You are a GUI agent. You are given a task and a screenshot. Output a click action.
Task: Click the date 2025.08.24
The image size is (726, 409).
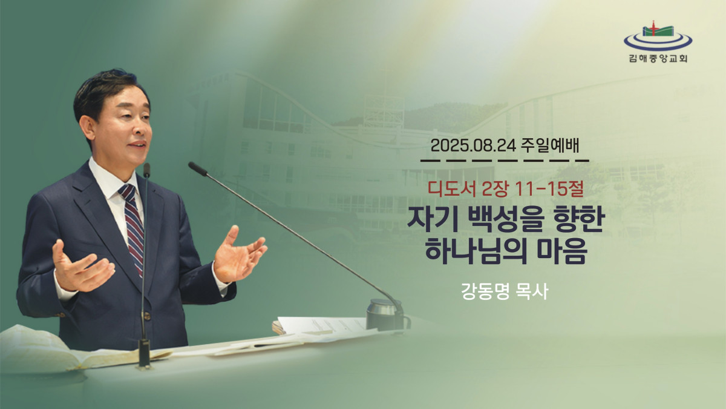[x=473, y=147]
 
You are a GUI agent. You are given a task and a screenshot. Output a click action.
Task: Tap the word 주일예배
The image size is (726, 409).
[x=550, y=147]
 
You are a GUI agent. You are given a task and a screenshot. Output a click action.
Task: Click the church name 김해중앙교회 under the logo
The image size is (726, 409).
[x=658, y=59]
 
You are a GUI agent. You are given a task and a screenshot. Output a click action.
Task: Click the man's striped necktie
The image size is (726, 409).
[x=133, y=227]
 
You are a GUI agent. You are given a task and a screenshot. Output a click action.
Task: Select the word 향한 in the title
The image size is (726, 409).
[x=580, y=220]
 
